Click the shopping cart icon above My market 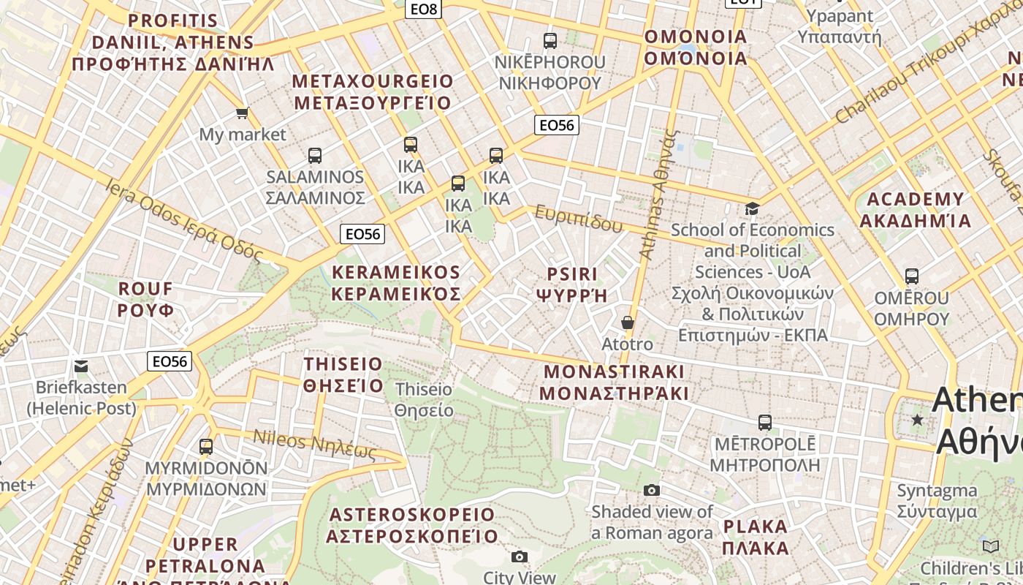tap(242, 113)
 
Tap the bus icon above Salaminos tap(315, 155)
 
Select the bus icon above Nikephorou tap(550, 41)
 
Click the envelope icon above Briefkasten tap(81, 366)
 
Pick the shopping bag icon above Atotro tap(627, 322)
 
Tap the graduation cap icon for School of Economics tap(752, 208)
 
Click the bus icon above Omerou tap(912, 276)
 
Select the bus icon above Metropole tap(765, 422)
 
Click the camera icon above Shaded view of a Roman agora tap(652, 490)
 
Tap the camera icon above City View tap(520, 557)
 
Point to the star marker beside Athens tap(918, 420)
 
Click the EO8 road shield tap(424, 9)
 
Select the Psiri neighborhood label tap(572, 284)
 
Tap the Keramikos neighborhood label tap(396, 283)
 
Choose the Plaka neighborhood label tap(756, 537)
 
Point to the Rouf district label tap(146, 299)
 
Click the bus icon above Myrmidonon tap(206, 446)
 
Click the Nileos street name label tap(314, 444)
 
